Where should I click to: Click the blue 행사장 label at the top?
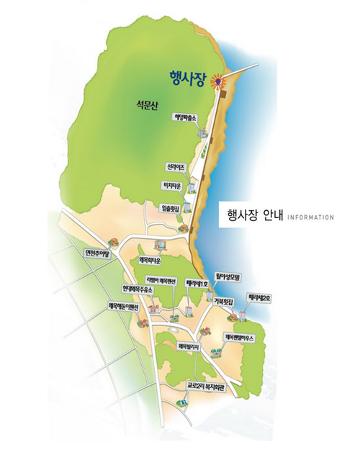[x=188, y=77]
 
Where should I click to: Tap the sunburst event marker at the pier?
[x=217, y=83]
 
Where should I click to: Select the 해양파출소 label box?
[x=185, y=117]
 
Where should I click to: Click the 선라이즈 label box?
[x=176, y=167]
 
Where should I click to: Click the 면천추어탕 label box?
[x=96, y=253]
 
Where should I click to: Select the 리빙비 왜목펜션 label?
[x=161, y=280]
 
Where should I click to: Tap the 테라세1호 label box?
[x=197, y=283]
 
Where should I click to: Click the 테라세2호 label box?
[x=257, y=296]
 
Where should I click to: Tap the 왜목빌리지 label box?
[x=192, y=346]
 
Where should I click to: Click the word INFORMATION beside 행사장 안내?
[x=310, y=217]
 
